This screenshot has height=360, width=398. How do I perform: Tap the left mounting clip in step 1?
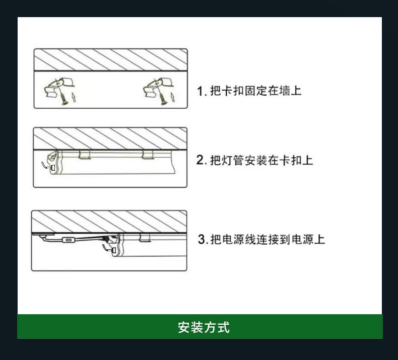pos(59,87)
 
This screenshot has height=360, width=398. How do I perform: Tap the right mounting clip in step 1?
pos(158,87)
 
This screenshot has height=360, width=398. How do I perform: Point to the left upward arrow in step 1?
pos(74,97)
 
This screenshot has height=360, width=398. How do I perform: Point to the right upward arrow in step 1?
pos(173,97)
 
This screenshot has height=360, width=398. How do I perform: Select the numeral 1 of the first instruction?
pos(201,91)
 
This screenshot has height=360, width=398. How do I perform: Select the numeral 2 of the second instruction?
pos(200,160)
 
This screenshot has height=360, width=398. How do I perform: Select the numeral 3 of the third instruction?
pos(202,239)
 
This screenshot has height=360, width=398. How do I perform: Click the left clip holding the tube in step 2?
pos(85,155)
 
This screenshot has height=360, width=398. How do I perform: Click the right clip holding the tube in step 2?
pos(148,155)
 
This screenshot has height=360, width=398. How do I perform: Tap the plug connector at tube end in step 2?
pos(53,168)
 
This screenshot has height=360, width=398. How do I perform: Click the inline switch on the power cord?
pos(68,240)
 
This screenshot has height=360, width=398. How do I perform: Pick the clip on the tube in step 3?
pos(145,238)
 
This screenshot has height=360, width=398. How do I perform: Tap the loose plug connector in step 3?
pos(113,250)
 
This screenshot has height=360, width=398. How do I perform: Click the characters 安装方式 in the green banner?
pos(204,327)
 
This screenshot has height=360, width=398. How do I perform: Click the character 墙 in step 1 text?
pos(284,91)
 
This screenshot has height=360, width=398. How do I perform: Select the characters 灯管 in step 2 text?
pos(233,160)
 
